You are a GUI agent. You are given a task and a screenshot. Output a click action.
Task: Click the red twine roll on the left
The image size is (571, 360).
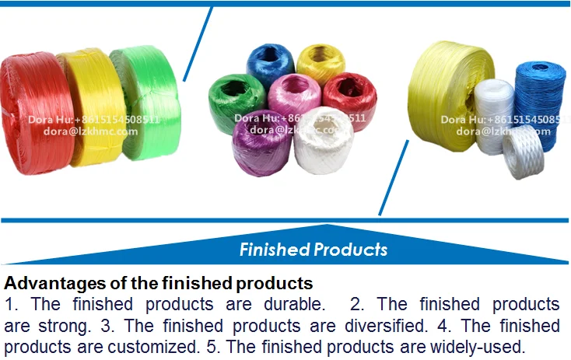click(31, 101)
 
